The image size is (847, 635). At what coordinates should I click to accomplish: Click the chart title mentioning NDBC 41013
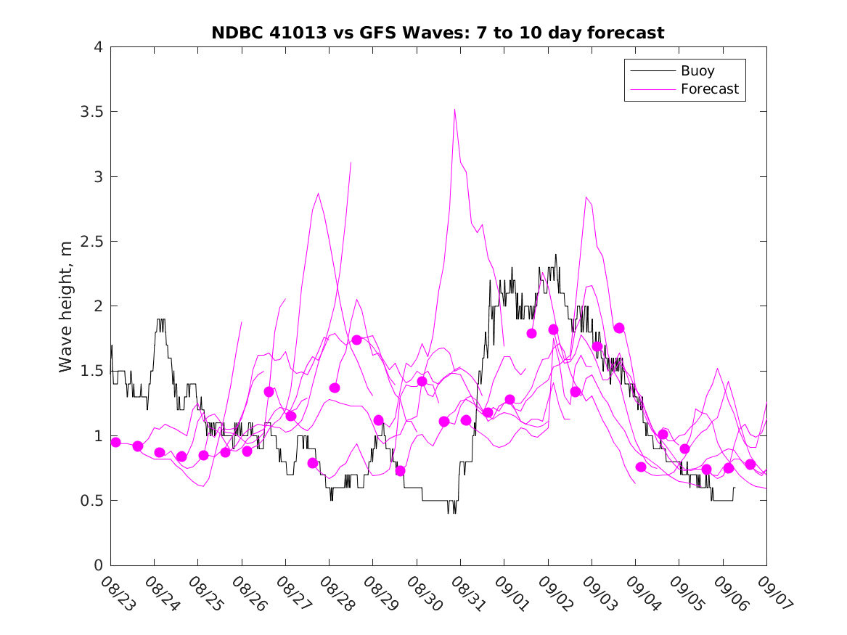[x=438, y=33]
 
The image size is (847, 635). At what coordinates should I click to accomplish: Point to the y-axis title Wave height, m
[x=66, y=306]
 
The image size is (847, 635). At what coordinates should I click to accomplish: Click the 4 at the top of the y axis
[x=97, y=48]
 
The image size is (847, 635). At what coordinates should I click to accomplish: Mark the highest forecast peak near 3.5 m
[x=454, y=110]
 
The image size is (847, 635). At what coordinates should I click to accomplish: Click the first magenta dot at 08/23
[x=115, y=442]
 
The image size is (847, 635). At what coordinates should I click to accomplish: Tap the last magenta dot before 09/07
[x=750, y=464]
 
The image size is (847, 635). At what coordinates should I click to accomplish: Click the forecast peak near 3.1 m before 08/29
[x=351, y=163]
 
